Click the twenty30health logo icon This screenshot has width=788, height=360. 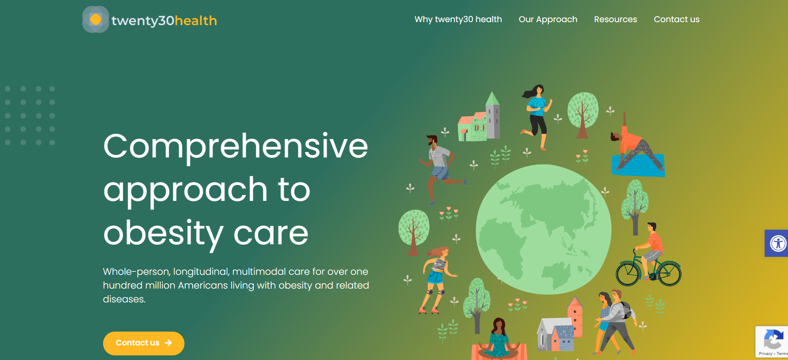pyautogui.click(x=96, y=19)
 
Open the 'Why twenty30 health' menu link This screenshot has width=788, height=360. pyautogui.click(x=458, y=19)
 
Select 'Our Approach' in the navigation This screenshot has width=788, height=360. pyautogui.click(x=548, y=19)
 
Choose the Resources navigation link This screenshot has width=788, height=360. pyautogui.click(x=616, y=19)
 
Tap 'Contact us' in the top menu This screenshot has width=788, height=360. pyautogui.click(x=677, y=19)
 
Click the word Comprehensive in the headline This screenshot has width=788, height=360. pyautogui.click(x=236, y=146)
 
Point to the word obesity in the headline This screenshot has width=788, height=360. pyautogui.click(x=163, y=233)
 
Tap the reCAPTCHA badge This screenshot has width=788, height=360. pyautogui.click(x=772, y=342)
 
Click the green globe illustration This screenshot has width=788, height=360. pyautogui.click(x=543, y=229)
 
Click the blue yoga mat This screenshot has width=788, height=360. pyautogui.click(x=638, y=165)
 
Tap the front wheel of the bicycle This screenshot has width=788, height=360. pyautogui.click(x=669, y=274)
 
